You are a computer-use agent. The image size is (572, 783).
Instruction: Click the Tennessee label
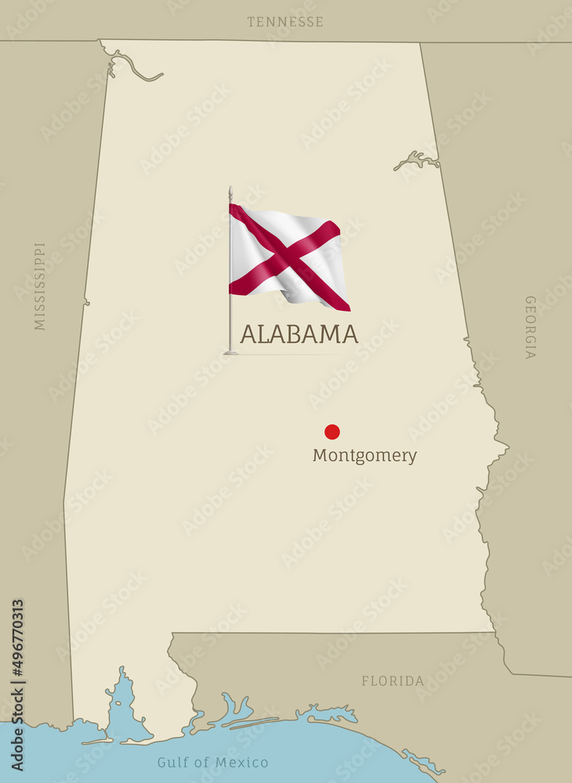click(x=285, y=22)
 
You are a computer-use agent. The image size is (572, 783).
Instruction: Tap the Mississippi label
click(x=40, y=286)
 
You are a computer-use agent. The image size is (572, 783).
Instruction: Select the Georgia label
click(x=530, y=327)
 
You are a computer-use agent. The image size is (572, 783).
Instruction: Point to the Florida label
click(x=393, y=681)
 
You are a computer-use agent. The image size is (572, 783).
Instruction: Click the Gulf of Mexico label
click(x=212, y=763)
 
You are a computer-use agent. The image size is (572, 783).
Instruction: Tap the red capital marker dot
click(x=332, y=431)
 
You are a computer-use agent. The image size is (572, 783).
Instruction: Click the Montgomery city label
click(x=364, y=456)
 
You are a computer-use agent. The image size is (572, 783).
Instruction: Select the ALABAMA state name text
click(x=299, y=334)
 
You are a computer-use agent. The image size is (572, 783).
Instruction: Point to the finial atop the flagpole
click(x=230, y=191)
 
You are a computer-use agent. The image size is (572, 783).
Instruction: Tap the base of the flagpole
click(x=230, y=352)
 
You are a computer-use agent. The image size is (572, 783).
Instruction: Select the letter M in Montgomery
click(x=319, y=455)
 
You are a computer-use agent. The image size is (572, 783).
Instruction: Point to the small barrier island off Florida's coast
click(x=423, y=760)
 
